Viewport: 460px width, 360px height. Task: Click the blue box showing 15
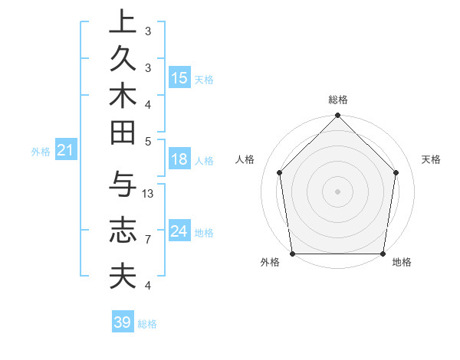(x=179, y=78)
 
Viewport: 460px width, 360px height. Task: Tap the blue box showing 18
(x=179, y=160)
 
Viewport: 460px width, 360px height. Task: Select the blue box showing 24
(x=179, y=231)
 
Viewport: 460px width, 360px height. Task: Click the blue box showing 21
(x=65, y=151)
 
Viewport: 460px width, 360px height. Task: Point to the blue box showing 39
(x=122, y=322)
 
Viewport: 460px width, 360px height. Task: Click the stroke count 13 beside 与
(x=148, y=194)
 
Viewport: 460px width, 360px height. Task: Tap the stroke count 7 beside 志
(x=148, y=240)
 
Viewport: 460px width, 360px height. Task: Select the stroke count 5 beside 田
(x=148, y=141)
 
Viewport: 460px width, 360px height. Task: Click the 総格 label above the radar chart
(x=337, y=100)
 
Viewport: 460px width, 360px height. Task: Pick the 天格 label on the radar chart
(x=431, y=159)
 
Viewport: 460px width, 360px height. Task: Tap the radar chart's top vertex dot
(x=337, y=116)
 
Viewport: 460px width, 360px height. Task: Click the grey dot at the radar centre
(x=337, y=191)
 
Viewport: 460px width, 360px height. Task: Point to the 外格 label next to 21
(x=41, y=152)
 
